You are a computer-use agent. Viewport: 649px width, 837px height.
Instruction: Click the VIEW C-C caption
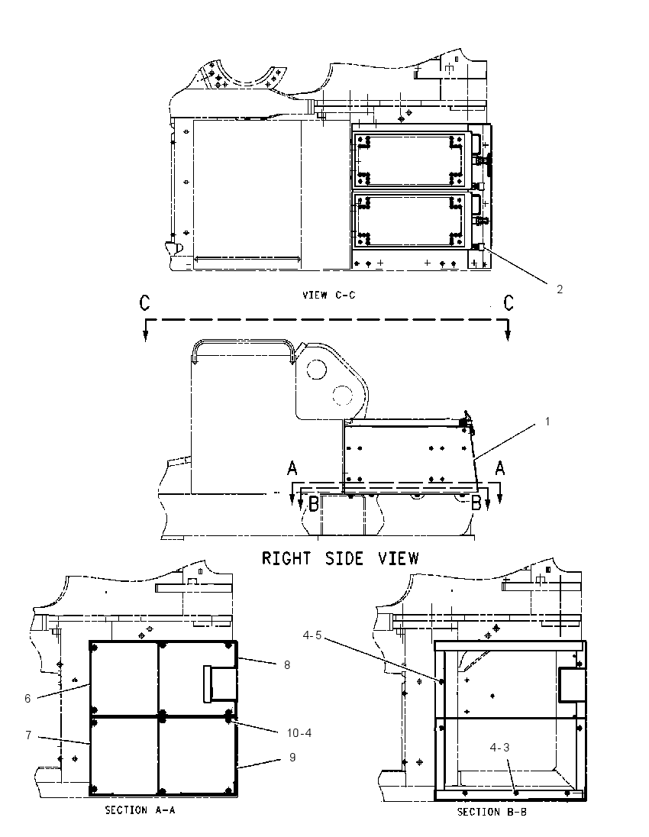(x=329, y=295)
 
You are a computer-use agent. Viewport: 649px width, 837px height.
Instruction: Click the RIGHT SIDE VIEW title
(x=340, y=558)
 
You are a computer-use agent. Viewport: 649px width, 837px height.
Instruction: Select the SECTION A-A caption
(x=140, y=810)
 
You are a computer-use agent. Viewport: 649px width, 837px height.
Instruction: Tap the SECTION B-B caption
(x=492, y=811)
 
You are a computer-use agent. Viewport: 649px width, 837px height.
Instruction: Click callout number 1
(x=547, y=421)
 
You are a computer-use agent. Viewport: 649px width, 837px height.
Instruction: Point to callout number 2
(x=560, y=289)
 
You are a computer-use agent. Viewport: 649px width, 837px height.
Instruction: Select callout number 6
(x=27, y=698)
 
